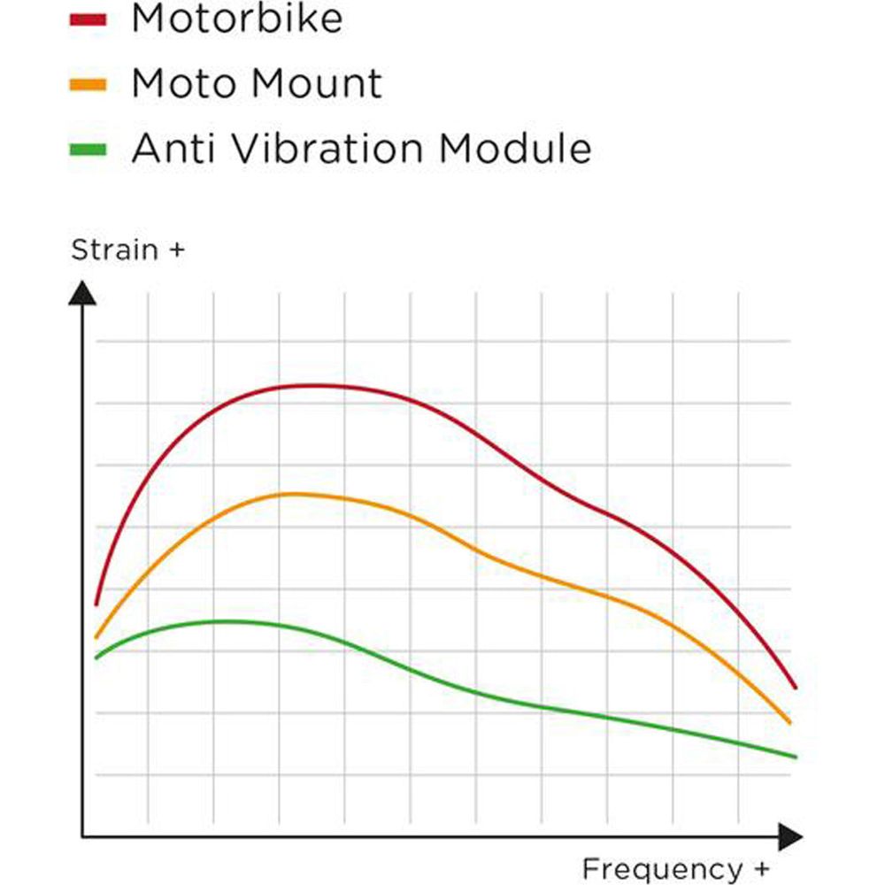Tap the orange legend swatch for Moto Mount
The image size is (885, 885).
[x=88, y=85]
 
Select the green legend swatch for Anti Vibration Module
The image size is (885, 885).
[x=88, y=150]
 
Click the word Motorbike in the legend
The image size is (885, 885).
[x=236, y=18]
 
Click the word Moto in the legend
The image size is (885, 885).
[x=184, y=84]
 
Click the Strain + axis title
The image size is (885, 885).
[x=127, y=250]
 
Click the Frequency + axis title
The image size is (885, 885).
[x=675, y=868]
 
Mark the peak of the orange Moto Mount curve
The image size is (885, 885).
[x=292, y=494]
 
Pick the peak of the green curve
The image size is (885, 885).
[x=228, y=621]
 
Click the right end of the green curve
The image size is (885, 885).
[x=796, y=757]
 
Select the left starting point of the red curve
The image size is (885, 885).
[x=96, y=604]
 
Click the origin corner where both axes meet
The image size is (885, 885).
[x=82, y=835]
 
